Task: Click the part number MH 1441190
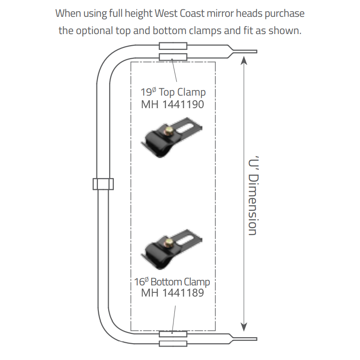click(x=173, y=104)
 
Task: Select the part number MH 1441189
click(x=173, y=293)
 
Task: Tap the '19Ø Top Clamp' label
click(x=173, y=92)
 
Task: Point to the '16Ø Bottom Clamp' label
click(x=172, y=282)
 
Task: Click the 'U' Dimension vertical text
click(x=254, y=195)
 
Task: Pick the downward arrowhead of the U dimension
click(x=244, y=327)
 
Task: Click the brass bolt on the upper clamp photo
click(x=168, y=132)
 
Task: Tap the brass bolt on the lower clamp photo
click(x=169, y=242)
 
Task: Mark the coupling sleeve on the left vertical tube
click(x=103, y=184)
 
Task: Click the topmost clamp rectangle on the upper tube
click(x=173, y=46)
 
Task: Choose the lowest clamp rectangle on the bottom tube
click(x=173, y=344)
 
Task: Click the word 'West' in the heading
click(x=166, y=14)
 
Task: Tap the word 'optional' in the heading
click(x=94, y=31)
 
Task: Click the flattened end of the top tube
click(x=245, y=51)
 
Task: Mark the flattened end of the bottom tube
click(x=245, y=339)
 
